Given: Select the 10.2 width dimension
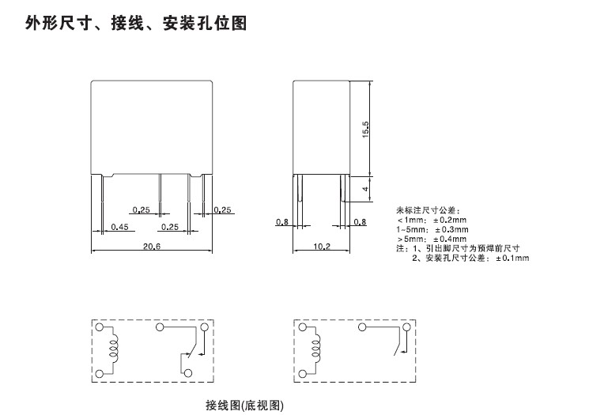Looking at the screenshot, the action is (322, 247).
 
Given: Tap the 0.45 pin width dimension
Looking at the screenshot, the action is (119, 227).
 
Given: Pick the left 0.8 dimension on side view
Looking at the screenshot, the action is (281, 222).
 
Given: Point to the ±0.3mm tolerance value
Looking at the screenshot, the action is (451, 228).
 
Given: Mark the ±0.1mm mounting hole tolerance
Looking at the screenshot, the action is (512, 258).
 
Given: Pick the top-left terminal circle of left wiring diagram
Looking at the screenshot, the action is (100, 326).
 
